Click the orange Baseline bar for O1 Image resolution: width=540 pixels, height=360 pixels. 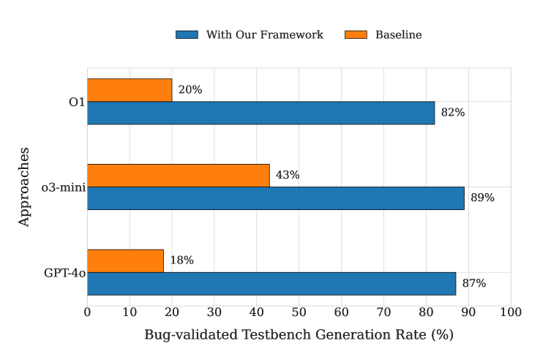click(130, 90)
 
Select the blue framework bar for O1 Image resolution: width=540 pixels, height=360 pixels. click(260, 113)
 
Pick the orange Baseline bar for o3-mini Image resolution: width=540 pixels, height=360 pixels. click(178, 176)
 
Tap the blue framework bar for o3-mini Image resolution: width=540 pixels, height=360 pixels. click(275, 198)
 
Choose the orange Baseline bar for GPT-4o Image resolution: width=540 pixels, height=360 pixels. click(125, 260)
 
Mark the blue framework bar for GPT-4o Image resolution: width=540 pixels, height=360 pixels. click(271, 283)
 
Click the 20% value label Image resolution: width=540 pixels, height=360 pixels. click(190, 90)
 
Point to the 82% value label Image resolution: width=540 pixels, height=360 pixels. click(453, 113)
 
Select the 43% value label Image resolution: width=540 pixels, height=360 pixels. click(288, 176)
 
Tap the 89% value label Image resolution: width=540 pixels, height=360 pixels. click(482, 198)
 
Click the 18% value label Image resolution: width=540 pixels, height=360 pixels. click(181, 260)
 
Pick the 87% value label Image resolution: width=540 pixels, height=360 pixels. click(473, 283)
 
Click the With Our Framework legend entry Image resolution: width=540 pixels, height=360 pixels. click(250, 34)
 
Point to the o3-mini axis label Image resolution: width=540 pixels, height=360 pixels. click(64, 187)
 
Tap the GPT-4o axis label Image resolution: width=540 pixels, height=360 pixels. click(64, 272)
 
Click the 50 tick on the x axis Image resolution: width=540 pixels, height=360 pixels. click(299, 312)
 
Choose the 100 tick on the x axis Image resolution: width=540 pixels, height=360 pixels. click(510, 312)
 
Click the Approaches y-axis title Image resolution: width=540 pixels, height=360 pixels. click(25, 187)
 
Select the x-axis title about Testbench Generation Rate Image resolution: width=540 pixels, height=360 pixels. click(299, 335)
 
